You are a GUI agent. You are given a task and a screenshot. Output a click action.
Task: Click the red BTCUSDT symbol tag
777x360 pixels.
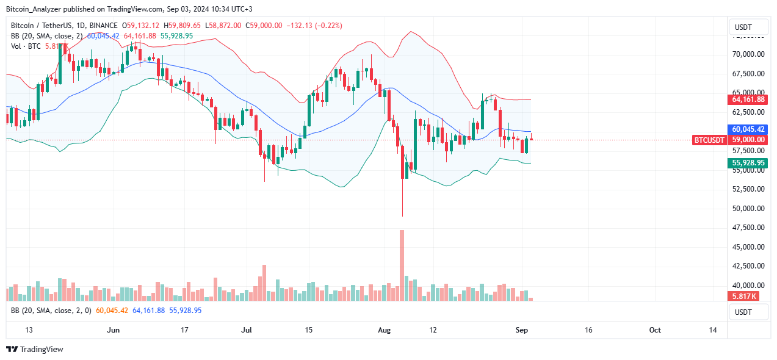pos(709,140)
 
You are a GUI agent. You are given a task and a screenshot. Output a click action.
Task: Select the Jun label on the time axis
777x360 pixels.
pos(114,330)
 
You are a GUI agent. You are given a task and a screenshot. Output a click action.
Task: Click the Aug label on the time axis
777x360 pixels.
pos(385,330)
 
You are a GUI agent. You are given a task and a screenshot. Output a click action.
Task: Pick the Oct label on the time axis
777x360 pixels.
pos(655,330)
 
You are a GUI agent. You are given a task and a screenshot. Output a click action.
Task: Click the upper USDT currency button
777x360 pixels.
pos(750,27)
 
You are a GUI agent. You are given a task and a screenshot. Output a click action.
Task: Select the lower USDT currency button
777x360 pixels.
pos(750,312)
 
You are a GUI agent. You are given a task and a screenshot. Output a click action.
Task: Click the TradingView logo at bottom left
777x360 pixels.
pos(35,350)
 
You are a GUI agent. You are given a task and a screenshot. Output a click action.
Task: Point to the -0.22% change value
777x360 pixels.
pos(330,26)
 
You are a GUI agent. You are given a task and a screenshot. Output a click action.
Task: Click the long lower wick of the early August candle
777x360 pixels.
pos(403,198)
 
